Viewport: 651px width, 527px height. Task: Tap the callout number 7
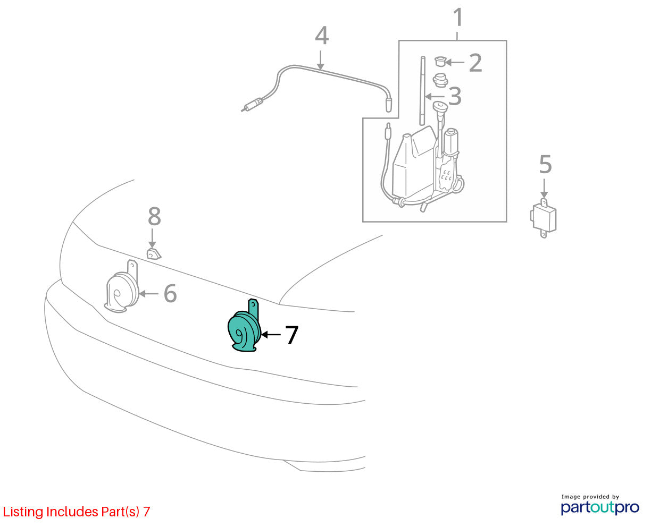(291, 335)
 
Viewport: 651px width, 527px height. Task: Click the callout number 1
(458, 18)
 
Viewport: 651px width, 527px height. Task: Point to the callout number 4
(322, 36)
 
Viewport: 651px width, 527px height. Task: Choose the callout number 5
(545, 164)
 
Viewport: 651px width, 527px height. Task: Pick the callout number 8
(154, 216)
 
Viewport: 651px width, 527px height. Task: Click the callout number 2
(475, 63)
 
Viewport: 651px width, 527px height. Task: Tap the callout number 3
(455, 97)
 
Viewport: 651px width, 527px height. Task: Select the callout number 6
(170, 293)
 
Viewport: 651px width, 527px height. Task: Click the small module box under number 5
(543, 218)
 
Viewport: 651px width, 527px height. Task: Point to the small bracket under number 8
(154, 254)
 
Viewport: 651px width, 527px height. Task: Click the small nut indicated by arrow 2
(440, 62)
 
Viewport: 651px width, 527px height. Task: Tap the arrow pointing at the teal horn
(271, 335)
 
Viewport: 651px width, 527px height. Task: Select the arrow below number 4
(320, 60)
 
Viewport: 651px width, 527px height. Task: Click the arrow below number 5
(544, 188)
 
